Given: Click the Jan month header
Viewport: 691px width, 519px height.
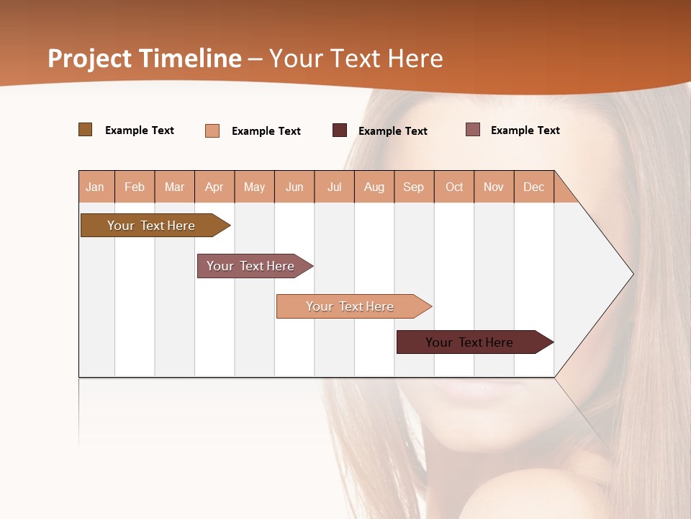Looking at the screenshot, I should pos(96,187).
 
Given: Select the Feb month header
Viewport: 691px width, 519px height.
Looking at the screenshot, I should pos(135,187).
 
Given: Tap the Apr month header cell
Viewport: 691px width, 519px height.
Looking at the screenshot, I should pos(214,187).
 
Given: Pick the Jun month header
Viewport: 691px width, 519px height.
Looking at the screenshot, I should pos(294,187).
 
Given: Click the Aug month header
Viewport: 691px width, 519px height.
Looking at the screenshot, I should pos(374,187).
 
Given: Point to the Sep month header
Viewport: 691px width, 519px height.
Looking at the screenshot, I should pos(414,187).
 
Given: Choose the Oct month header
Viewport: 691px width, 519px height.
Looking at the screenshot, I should pos(454,187).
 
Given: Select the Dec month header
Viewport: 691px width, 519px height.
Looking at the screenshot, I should pos(534,187).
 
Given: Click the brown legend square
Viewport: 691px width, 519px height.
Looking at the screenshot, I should pos(86,130).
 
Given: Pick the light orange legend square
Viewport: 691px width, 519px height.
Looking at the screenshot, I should pos(212,130).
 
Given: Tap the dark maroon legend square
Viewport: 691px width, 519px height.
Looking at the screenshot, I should pos(340,130).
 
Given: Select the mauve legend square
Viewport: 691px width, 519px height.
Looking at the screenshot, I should pos(473,130).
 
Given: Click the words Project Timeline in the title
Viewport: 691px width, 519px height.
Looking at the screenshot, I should pos(144,58).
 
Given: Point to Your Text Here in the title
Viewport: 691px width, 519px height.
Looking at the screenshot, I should pos(356,58).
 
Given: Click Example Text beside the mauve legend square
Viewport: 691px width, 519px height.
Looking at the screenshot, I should pos(525,130).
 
